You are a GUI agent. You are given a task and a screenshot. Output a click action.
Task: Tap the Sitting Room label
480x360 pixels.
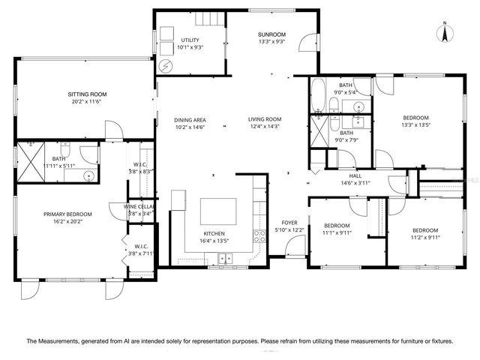pos(85,94)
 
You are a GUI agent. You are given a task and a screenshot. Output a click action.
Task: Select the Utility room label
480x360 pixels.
pos(190,40)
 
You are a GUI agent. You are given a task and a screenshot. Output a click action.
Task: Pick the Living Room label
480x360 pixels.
pos(265,119)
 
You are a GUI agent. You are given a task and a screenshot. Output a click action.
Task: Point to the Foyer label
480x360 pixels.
pos(289,223)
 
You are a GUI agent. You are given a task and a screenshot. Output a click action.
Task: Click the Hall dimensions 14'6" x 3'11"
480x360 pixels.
pos(355,183)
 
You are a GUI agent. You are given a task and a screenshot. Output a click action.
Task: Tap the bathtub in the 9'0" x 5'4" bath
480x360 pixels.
pos(317,95)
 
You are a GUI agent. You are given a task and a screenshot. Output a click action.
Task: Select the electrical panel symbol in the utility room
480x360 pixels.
pos(165,65)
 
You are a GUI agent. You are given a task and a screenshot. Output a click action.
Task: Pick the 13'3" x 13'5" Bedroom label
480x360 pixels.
pos(415,118)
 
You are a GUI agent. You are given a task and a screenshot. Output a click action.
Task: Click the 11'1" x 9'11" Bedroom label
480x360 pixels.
pos(336,226)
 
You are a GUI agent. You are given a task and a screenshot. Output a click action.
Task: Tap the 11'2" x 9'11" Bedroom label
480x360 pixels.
pos(424,230)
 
